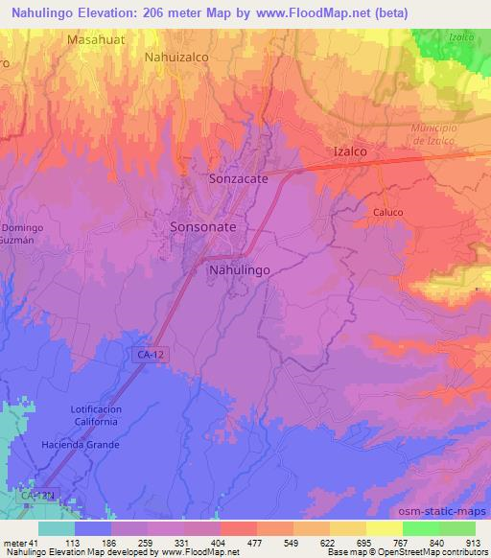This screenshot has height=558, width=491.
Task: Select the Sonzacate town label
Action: tap(238, 178)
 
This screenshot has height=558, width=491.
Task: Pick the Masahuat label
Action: tap(96, 40)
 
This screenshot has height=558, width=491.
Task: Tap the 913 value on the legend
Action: tap(471, 542)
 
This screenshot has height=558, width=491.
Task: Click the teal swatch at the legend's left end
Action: tap(57, 527)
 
